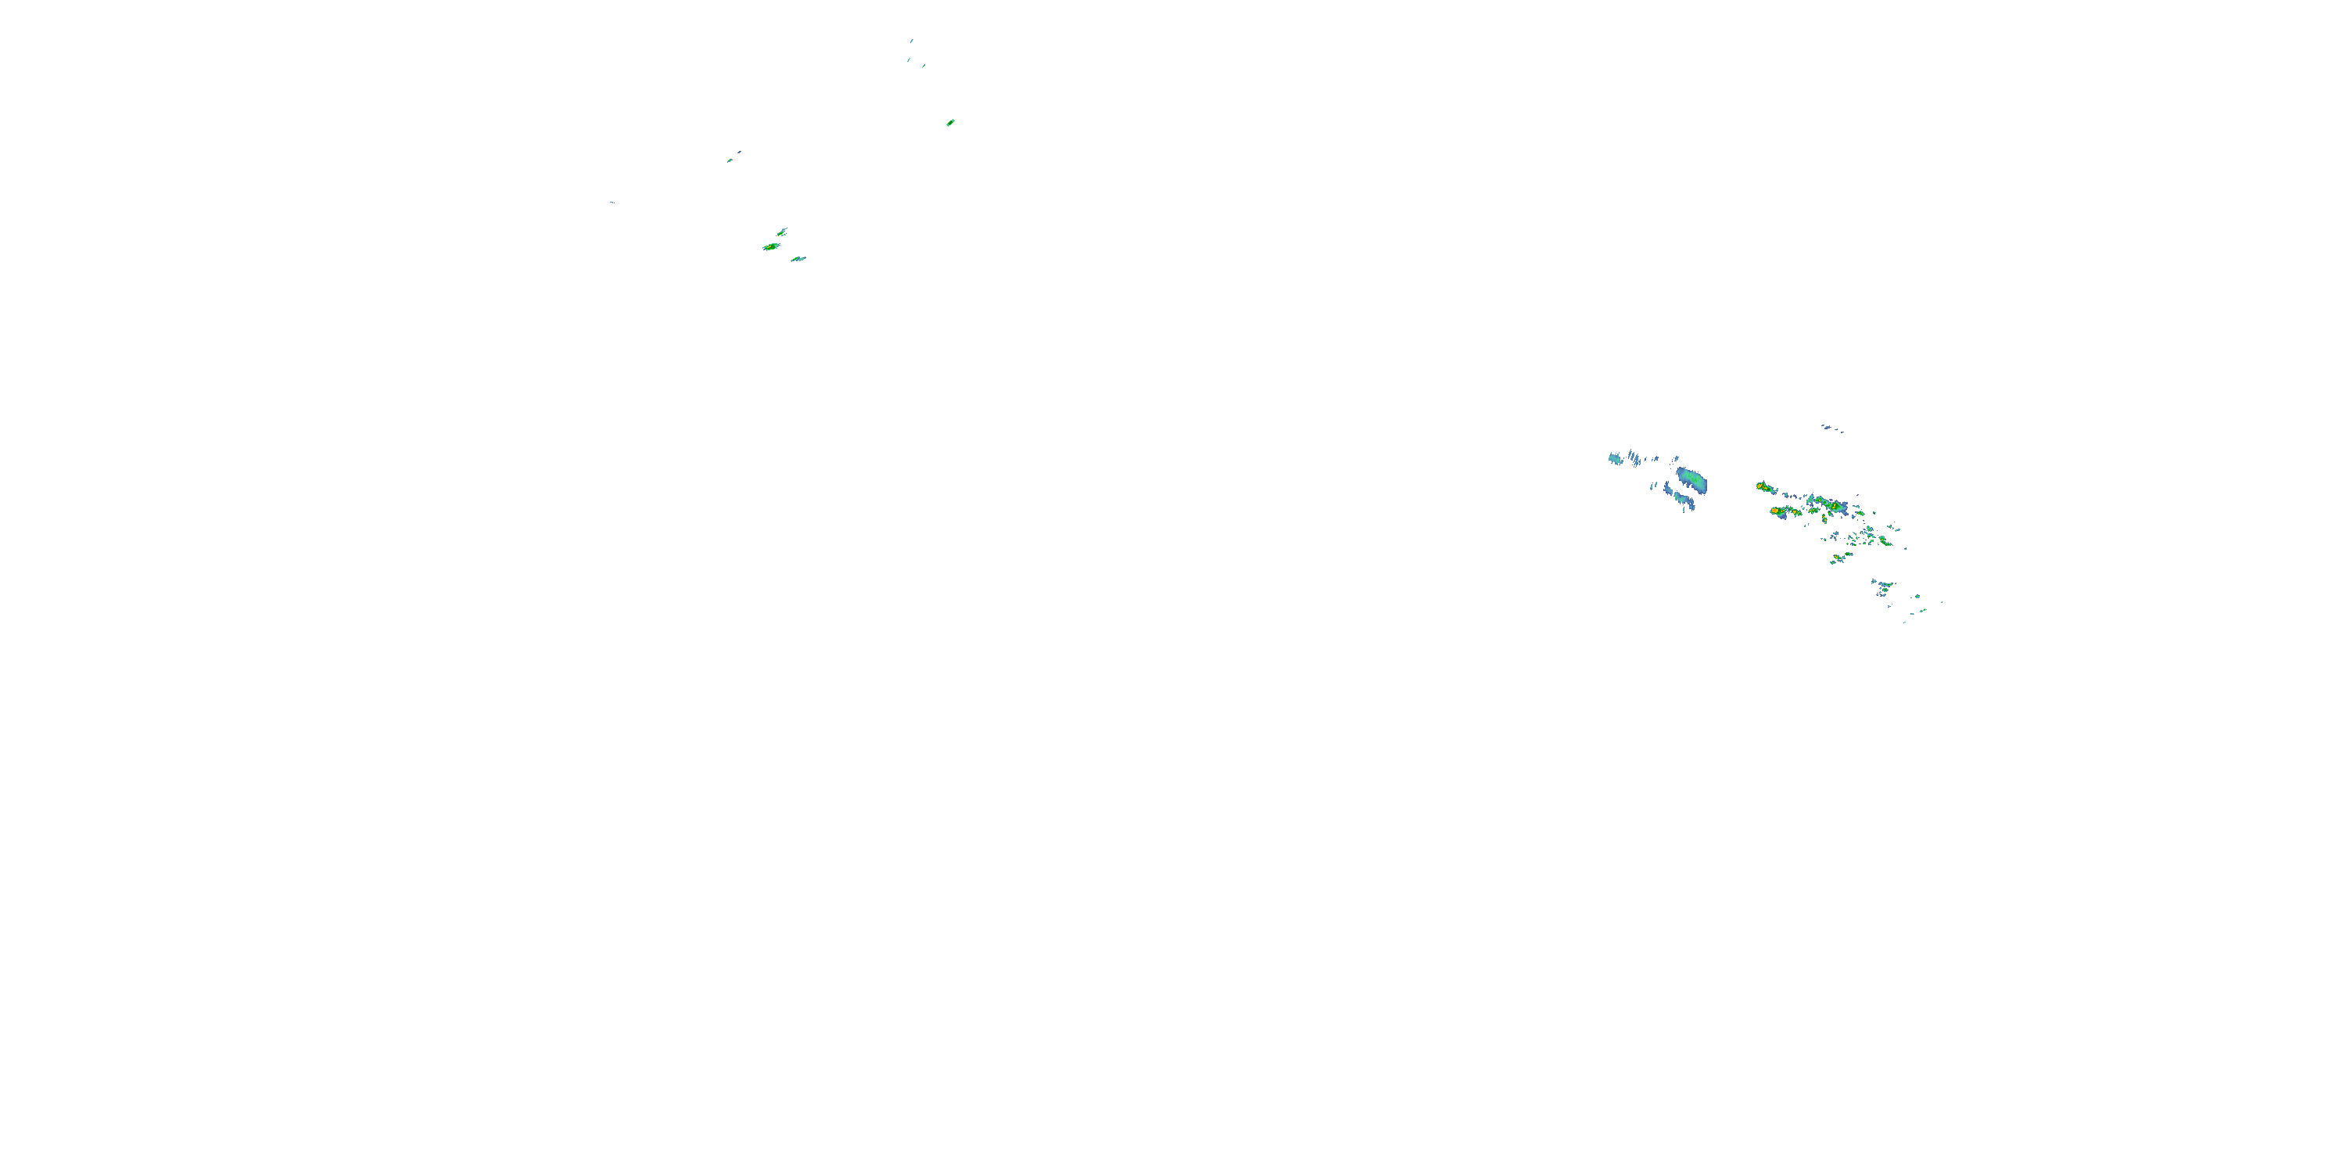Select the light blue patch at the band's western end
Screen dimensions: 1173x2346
1616,459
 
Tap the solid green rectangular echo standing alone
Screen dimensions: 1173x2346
950,122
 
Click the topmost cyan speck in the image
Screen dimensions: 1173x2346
912,40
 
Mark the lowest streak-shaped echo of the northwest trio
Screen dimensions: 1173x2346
798,259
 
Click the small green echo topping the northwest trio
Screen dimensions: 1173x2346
782,231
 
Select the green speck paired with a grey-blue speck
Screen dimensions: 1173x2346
730,160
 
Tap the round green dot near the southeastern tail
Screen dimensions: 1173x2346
1918,597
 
